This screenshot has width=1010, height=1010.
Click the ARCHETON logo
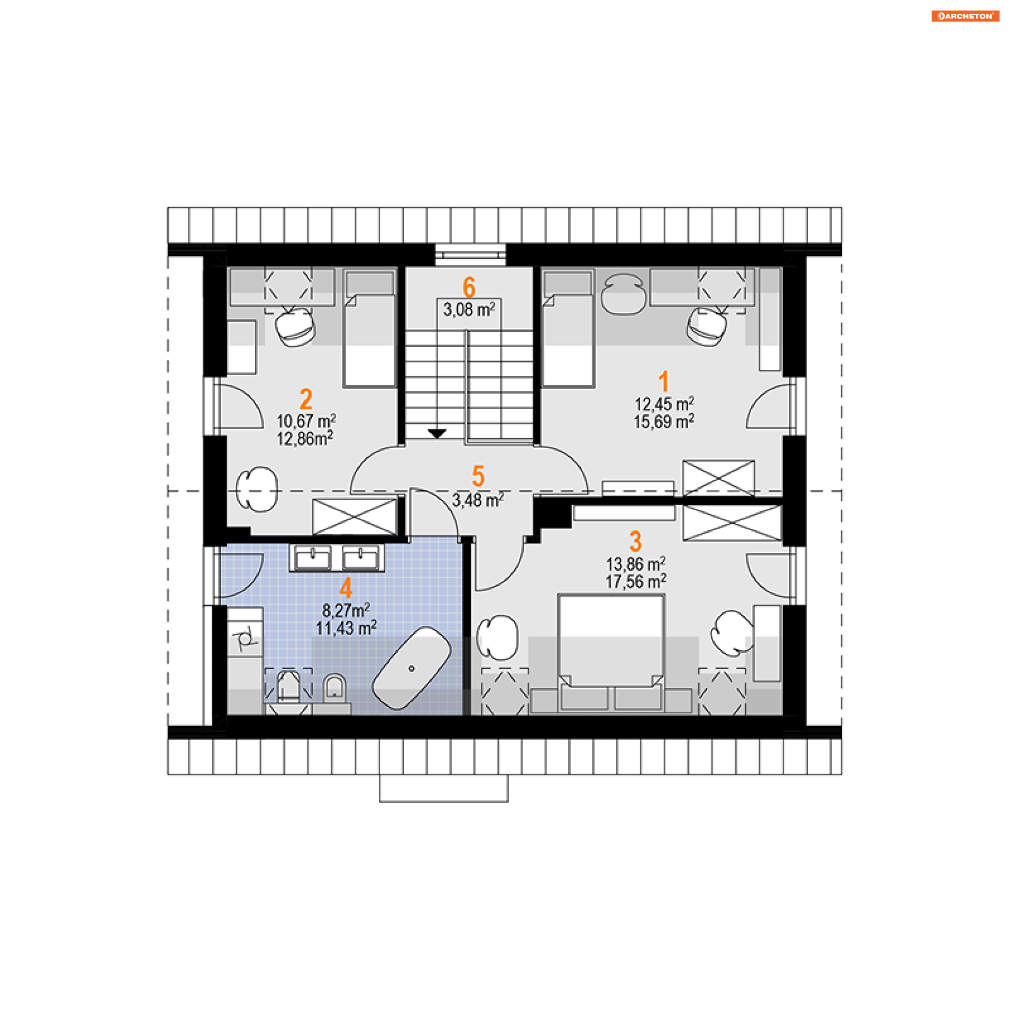(965, 16)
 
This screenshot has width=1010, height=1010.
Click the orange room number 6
(469, 287)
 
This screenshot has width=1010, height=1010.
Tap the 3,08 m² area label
(469, 309)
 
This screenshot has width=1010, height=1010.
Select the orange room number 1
(664, 381)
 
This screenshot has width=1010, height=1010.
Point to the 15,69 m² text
(663, 421)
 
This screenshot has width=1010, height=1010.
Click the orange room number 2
(306, 399)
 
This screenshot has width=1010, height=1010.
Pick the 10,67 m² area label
(306, 421)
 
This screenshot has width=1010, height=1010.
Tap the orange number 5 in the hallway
(478, 476)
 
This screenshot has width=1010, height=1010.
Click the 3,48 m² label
(478, 500)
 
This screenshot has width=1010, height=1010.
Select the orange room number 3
(635, 541)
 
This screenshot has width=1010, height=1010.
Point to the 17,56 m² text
(635, 582)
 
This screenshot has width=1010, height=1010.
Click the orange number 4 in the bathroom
(346, 588)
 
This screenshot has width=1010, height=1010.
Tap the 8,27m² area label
(346, 610)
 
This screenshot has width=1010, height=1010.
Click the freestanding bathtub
(411, 668)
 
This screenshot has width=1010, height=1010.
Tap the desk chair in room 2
(296, 327)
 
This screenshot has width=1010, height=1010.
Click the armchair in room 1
(623, 294)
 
